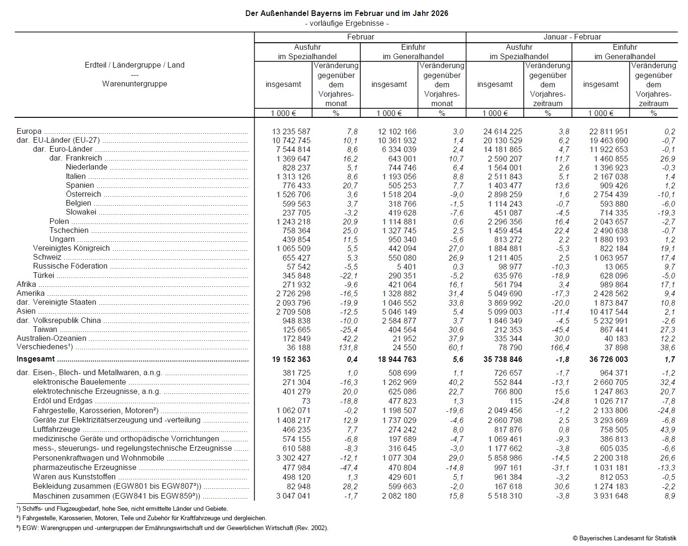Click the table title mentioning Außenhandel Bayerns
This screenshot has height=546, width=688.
tap(347, 14)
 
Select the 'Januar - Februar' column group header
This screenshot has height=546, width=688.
tap(572, 37)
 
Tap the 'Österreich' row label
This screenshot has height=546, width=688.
tap(83, 194)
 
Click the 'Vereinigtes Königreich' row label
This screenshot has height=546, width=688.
tap(71, 248)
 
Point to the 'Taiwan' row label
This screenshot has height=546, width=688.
tap(45, 330)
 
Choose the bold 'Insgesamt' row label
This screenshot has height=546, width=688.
tap(36, 359)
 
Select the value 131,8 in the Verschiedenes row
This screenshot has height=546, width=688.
tap(348, 348)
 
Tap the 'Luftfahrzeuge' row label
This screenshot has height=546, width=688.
tap(56, 430)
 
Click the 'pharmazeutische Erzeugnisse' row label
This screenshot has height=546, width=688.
tap(84, 468)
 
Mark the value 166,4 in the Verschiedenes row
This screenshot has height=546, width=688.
tap(559, 348)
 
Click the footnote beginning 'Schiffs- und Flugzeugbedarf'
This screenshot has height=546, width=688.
tap(122, 508)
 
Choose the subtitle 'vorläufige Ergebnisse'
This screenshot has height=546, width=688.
tap(347, 23)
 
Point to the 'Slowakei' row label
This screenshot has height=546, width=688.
tap(81, 212)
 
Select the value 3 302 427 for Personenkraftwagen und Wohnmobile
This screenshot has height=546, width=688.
tap(293, 458)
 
